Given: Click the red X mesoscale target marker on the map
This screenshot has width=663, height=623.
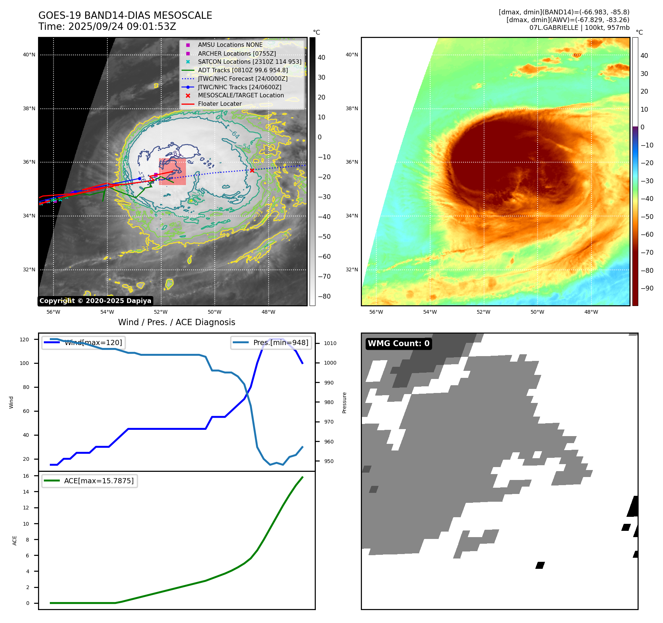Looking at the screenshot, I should [x=252, y=170].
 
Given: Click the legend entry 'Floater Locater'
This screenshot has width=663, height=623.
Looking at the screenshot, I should [x=220, y=104].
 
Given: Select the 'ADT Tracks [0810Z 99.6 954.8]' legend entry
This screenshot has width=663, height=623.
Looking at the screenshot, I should [x=243, y=70].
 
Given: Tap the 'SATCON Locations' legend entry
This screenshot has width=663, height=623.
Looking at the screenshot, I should [x=249, y=62].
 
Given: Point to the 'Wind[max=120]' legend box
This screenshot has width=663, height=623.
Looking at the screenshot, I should [x=83, y=342].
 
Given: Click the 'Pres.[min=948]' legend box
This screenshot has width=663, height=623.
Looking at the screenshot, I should [x=271, y=342].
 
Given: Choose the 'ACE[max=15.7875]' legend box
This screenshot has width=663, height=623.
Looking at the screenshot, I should [x=90, y=481].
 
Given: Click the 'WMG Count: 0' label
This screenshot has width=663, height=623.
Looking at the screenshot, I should [x=398, y=344].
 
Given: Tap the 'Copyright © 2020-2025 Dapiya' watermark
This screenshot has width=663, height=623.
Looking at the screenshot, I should [x=95, y=301].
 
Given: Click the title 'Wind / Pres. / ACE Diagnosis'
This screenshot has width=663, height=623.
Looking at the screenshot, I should [x=176, y=322].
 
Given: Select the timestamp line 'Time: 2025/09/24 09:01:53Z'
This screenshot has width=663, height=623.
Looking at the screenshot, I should [x=107, y=27].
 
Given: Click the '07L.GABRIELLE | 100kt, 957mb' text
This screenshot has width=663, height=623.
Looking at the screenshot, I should [x=579, y=28].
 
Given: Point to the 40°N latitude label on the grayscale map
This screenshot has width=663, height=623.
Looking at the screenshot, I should [x=29, y=55].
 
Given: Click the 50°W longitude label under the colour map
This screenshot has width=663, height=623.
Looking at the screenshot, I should [x=537, y=312].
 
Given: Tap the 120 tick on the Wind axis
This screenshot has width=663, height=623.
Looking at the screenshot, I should [x=24, y=340].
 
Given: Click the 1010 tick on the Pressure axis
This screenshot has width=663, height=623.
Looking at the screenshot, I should [x=330, y=343].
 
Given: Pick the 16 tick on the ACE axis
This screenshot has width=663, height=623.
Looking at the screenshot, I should [x=26, y=476].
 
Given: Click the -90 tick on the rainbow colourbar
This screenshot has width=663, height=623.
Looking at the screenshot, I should [x=647, y=288].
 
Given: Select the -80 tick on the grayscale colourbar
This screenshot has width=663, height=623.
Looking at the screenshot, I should [x=324, y=296].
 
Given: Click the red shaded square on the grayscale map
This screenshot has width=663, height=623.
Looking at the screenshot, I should [x=172, y=171].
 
